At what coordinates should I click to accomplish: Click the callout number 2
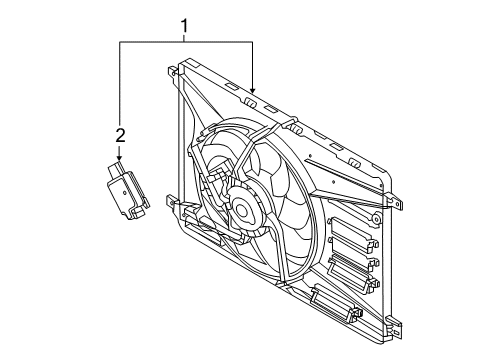click(120, 134)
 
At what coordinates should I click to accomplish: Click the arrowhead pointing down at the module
click(120, 159)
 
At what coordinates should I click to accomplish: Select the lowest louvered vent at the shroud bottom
click(329, 299)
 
